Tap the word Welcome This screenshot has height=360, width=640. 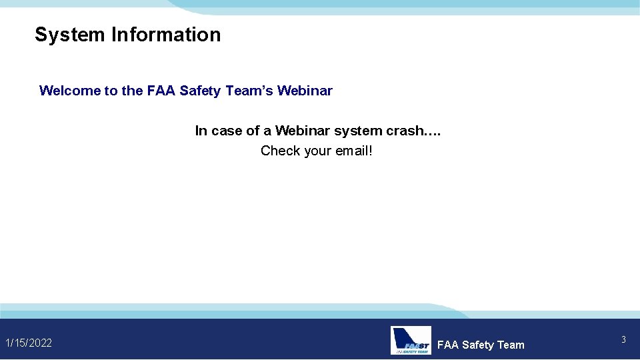point(70,91)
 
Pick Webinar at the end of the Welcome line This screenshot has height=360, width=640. point(305,91)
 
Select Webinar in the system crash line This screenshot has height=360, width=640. point(303,131)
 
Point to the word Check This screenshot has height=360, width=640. point(281,151)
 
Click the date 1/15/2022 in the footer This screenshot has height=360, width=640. point(29,343)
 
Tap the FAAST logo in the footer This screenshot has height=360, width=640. point(411,340)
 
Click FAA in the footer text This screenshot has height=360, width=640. point(448,345)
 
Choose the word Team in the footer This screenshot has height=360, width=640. point(511,345)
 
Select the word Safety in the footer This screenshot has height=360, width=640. point(478,345)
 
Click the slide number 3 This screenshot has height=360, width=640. point(623,340)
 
